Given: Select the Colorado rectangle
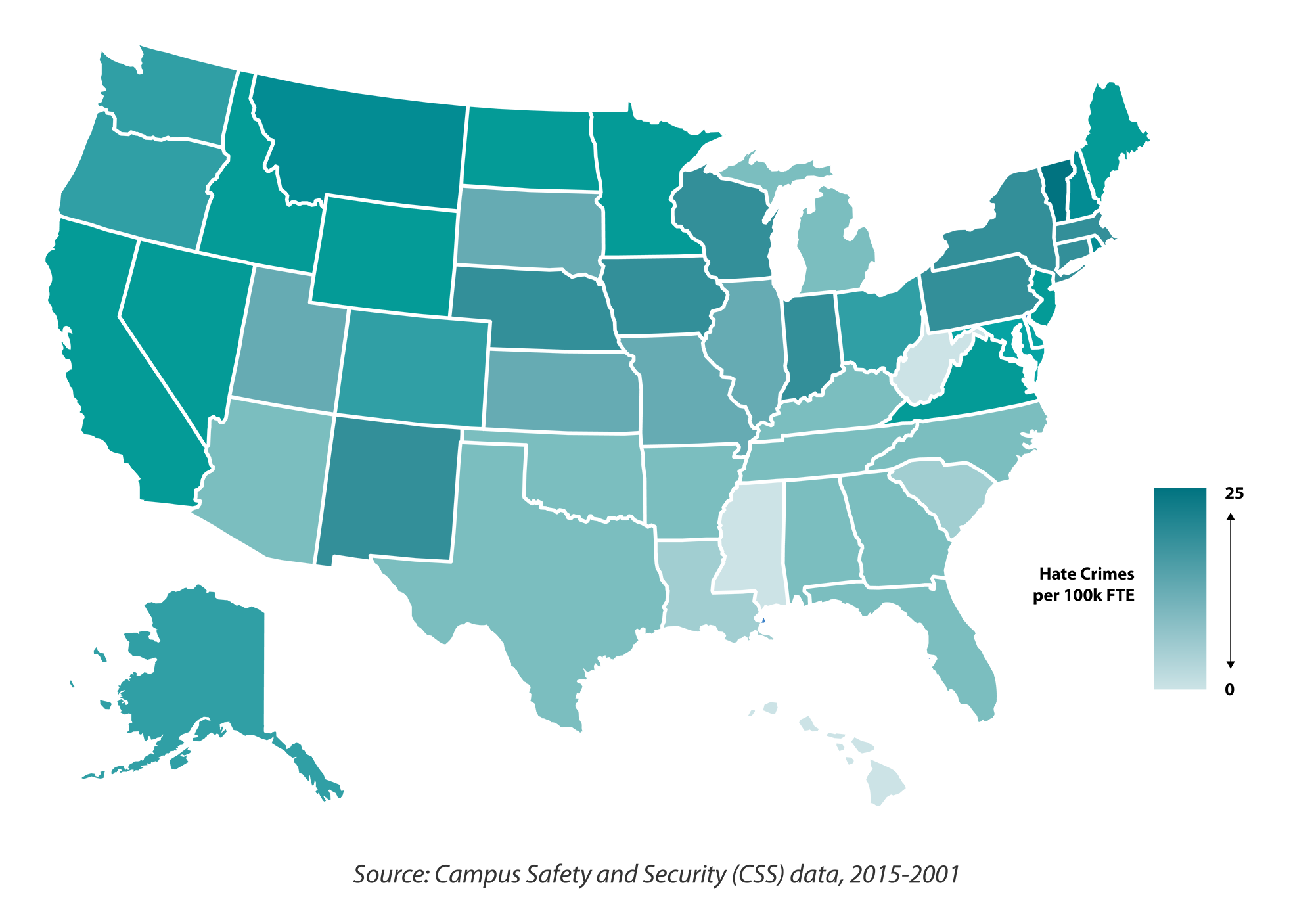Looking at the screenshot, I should coord(414,368).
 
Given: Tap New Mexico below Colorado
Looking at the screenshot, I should coord(391,493).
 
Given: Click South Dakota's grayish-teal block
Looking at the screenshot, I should coord(529,227).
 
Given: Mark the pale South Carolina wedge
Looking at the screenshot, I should coord(959,499).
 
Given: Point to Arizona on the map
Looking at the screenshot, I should coord(263,486).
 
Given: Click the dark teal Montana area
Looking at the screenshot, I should coord(368,138).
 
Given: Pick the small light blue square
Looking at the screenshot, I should coord(944,716).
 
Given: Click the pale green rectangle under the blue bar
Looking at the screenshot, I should coord(854,667).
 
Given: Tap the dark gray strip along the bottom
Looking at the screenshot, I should coord(657,877).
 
